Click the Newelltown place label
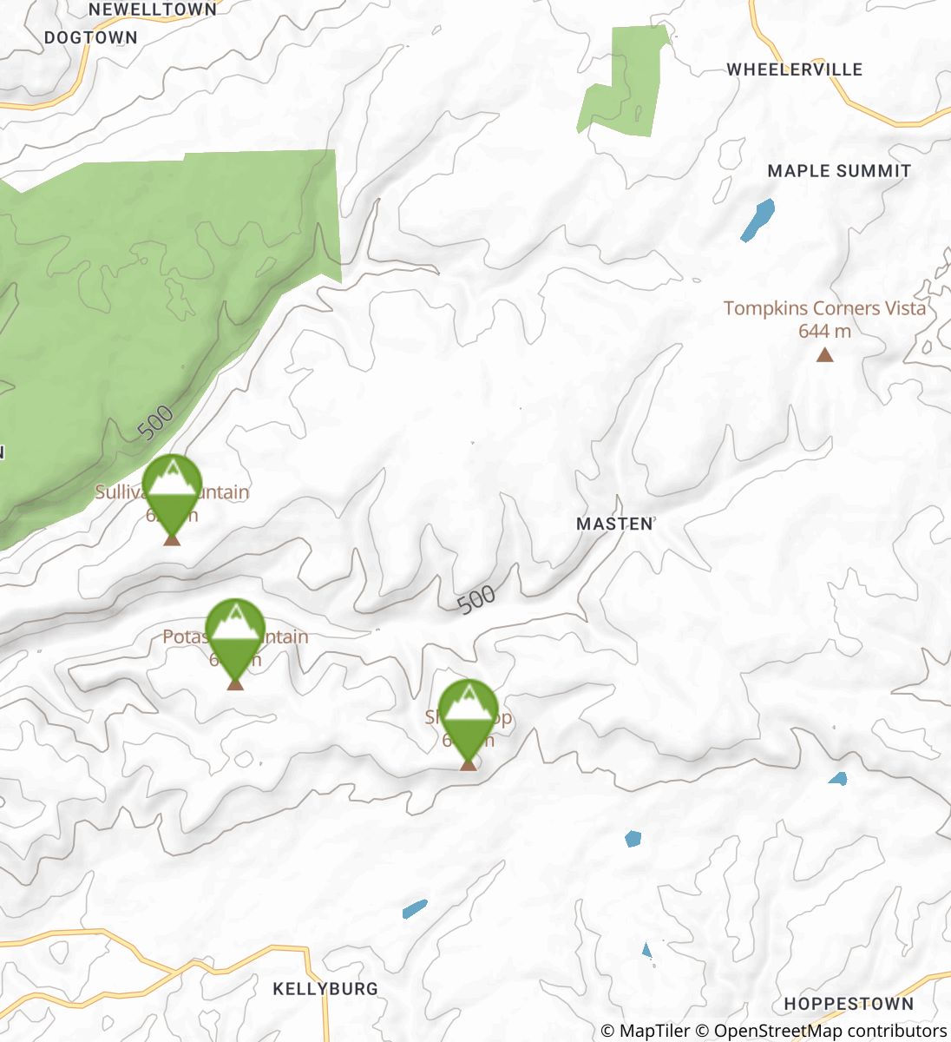coord(153,10)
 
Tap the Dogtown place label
coord(91,37)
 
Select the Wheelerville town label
coord(794,69)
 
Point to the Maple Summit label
coord(839,171)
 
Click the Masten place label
coord(614,524)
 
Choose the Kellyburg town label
coord(325,988)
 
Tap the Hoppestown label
coord(849,1004)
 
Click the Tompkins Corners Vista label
coord(824,308)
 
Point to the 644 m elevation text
coord(824,331)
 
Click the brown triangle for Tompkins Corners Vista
coord(824,354)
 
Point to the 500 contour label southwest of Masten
coord(475,600)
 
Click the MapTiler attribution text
coord(645,1031)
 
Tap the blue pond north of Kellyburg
coord(415,909)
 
